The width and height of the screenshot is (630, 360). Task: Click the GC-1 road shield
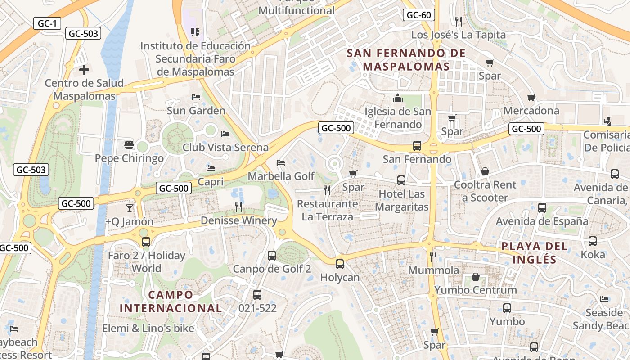pos(47,23)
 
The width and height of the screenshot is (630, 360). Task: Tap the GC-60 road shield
pos(418,15)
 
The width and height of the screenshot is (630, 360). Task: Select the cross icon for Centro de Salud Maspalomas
pos(84,70)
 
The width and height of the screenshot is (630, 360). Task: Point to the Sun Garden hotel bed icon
pos(196,97)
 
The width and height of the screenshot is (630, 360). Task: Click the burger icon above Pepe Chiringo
pos(129,144)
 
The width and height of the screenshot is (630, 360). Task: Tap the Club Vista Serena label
pos(225,147)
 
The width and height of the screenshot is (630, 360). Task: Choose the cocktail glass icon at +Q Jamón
pos(130,208)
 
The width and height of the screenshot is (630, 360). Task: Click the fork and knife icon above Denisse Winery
pos(238,207)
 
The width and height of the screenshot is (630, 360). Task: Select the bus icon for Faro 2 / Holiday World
pos(146,242)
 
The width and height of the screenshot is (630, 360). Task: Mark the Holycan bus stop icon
pos(340,264)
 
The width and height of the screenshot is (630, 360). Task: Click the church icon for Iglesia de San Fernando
pos(398,98)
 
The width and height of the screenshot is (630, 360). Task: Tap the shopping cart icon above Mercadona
pos(531,97)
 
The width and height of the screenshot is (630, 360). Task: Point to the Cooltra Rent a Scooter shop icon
pos(485,171)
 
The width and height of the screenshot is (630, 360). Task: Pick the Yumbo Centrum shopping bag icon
pos(476,276)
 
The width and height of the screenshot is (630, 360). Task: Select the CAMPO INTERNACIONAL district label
pos(171,301)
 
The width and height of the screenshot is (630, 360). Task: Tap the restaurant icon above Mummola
pos(433,256)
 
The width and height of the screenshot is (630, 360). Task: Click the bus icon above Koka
pos(593,241)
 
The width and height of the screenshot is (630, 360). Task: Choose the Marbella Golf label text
pos(281,176)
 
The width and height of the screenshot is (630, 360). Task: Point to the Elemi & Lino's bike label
pos(148,328)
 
